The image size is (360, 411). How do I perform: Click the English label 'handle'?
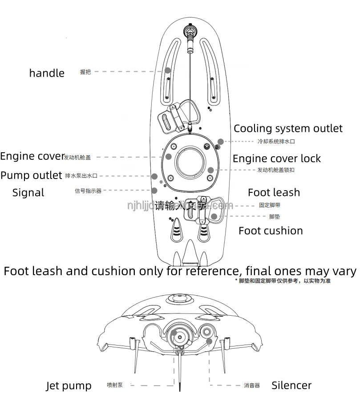coord(47,73)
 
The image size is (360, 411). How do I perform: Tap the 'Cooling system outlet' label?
coord(288,129)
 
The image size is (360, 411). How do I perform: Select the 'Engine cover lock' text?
coord(276,159)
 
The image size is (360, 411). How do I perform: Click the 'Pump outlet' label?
coord(31,175)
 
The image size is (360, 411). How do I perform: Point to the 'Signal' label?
coord(28,193)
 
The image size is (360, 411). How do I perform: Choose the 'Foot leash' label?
coord(274,192)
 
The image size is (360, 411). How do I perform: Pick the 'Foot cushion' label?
coord(271,231)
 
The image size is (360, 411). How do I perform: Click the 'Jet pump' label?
coord(69,386)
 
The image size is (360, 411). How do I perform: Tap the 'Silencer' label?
coord(291,385)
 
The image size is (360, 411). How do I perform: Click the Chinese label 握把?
coord(85,72)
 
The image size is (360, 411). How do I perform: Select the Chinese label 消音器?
coord(251,386)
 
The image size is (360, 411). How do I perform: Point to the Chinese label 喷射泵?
coord(114,386)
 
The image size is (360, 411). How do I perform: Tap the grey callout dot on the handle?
coord(168,70)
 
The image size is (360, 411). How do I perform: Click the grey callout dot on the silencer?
coord(209,342)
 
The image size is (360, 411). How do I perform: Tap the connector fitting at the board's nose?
coord(190,32)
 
